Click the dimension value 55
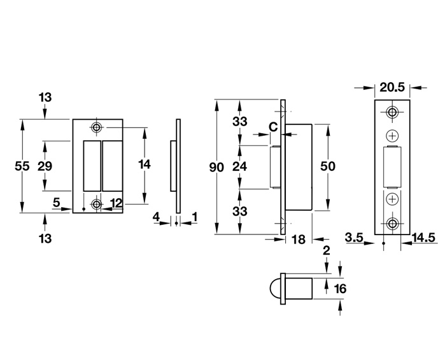[22, 166]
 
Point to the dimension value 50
[328, 166]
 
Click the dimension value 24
[239, 168]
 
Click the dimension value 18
[298, 240]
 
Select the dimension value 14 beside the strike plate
[145, 164]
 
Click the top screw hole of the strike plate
[96, 127]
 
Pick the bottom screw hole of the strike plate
[96, 204]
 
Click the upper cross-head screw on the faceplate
[392, 136]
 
